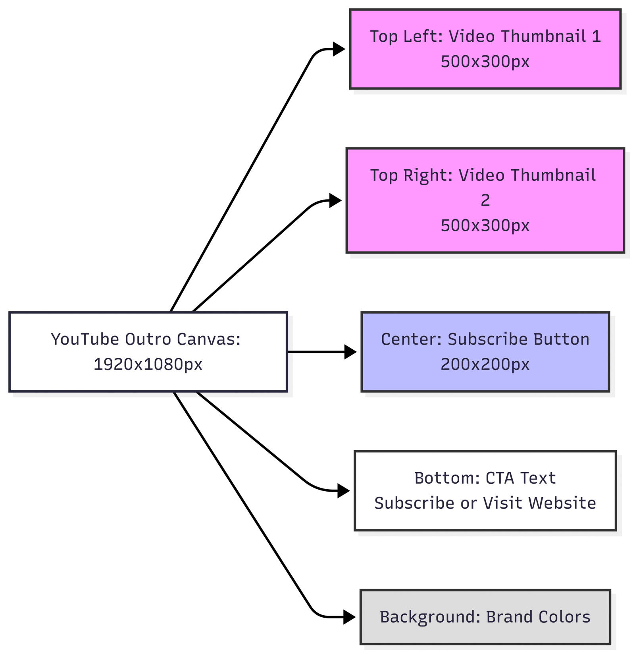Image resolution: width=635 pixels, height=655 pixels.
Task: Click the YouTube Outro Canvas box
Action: (148, 352)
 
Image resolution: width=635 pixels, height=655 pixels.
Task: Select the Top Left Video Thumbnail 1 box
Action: (485, 49)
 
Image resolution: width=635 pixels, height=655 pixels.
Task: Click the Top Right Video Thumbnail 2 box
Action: (485, 200)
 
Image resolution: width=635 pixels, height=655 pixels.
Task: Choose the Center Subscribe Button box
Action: (485, 352)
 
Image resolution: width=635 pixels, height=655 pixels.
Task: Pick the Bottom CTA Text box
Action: (485, 490)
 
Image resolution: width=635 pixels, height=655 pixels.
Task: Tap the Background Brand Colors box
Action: (485, 617)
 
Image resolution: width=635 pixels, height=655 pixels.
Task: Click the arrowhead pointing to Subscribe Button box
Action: (350, 352)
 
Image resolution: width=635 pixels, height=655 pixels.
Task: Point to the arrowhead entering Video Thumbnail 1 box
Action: (339, 49)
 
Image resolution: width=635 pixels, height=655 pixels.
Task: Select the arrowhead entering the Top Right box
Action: (335, 200)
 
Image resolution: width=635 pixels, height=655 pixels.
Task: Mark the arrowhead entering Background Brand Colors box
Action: (349, 617)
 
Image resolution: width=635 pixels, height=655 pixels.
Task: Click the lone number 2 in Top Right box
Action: (485, 200)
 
